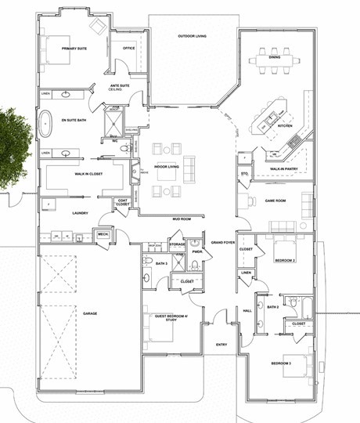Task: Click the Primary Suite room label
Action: [74, 49]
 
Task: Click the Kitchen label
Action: [285, 125]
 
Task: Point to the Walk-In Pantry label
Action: [282, 168]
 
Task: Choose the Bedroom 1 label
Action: [280, 364]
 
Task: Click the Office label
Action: [129, 49]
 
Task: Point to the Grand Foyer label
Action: [223, 243]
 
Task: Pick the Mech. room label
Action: [103, 233]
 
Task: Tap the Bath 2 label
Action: [272, 307]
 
